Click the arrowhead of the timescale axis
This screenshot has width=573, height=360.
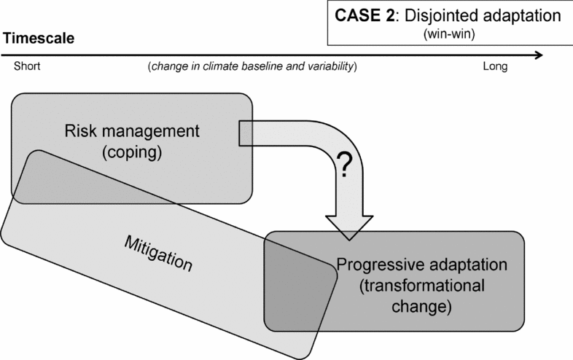(x=537, y=55)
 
